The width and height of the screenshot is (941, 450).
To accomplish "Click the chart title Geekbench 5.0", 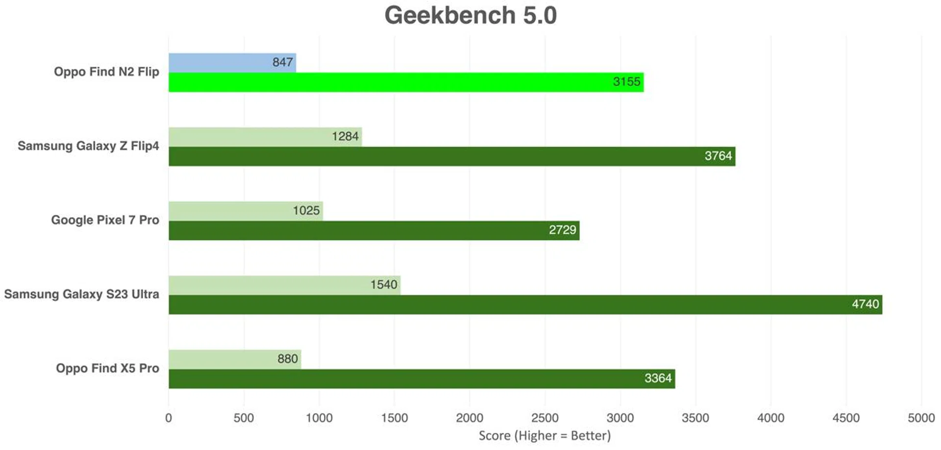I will click(x=470, y=16).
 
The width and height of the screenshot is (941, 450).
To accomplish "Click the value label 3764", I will click(x=718, y=156).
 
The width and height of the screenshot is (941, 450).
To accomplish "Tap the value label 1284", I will click(x=345, y=136).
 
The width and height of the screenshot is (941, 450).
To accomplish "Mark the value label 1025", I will click(x=306, y=211).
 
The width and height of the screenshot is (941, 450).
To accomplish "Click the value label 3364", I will click(x=658, y=378).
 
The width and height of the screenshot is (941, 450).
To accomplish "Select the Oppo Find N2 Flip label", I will click(x=106, y=72).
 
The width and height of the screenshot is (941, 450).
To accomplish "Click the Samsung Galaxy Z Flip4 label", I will click(x=88, y=146).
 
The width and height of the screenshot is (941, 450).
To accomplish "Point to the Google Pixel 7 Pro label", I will click(x=105, y=220).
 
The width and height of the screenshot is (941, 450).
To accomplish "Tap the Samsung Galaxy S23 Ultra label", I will click(x=81, y=294).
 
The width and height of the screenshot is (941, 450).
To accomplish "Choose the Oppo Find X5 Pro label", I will click(x=107, y=368).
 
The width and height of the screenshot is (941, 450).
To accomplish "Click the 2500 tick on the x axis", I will click(x=545, y=418).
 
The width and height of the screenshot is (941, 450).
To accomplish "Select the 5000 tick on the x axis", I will click(x=921, y=418).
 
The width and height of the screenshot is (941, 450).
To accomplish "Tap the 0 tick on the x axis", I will click(x=169, y=418).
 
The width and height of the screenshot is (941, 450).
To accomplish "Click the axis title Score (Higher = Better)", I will click(x=545, y=436).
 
